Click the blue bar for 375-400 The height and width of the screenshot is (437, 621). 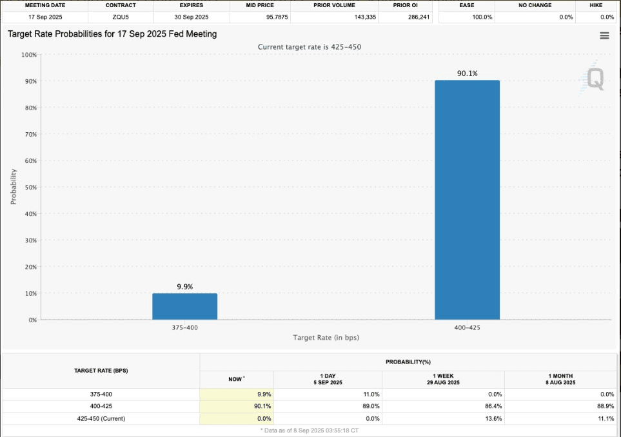click(184, 306)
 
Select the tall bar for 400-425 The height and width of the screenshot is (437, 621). click(467, 200)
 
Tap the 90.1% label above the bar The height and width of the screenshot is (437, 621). click(468, 73)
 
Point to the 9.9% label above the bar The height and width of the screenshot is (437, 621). click(185, 286)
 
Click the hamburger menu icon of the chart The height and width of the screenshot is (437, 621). click(604, 36)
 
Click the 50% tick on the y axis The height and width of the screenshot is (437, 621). click(30, 187)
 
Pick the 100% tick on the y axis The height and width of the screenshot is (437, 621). click(28, 55)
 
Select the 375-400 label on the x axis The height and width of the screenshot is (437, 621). click(184, 327)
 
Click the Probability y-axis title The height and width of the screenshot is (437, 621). click(14, 186)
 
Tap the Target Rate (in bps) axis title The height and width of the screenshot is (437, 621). click(326, 337)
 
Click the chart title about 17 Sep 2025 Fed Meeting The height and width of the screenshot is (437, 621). click(112, 34)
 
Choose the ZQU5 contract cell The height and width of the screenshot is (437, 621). click(121, 17)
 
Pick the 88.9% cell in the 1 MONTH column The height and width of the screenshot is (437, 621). click(603, 406)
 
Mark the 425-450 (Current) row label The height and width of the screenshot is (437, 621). click(101, 418)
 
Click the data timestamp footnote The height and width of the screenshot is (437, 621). click(310, 430)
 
